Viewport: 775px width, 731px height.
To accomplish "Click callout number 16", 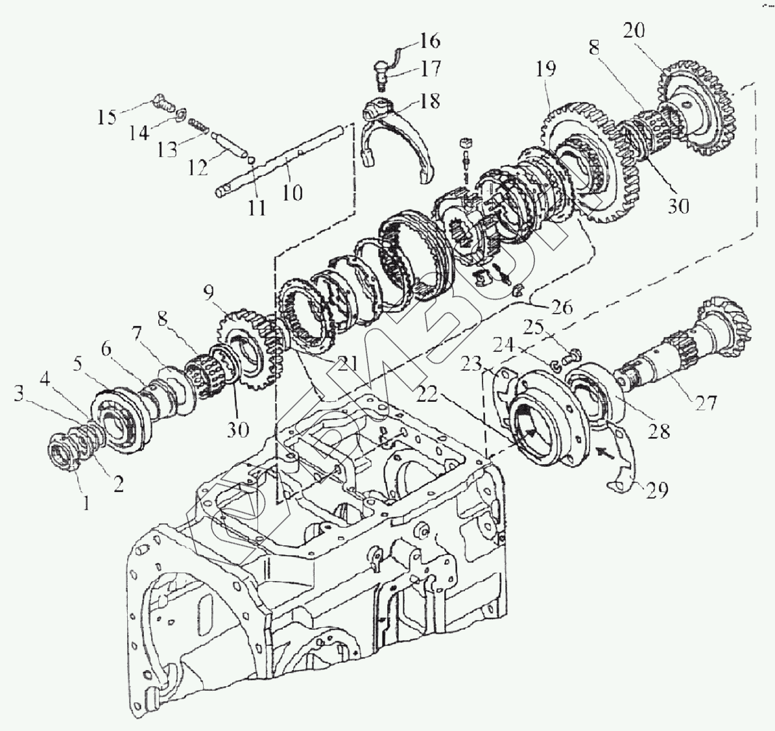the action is [x=430, y=41].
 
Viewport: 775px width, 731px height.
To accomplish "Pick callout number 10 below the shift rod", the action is [x=292, y=193].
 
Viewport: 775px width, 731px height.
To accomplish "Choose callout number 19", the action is [x=546, y=69].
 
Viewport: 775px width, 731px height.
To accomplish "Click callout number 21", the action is [x=346, y=363].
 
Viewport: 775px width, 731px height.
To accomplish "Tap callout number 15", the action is [x=107, y=117].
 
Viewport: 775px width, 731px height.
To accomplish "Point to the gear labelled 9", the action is [x=243, y=351].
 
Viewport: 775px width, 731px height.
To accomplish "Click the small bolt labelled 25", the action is [x=574, y=354].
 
